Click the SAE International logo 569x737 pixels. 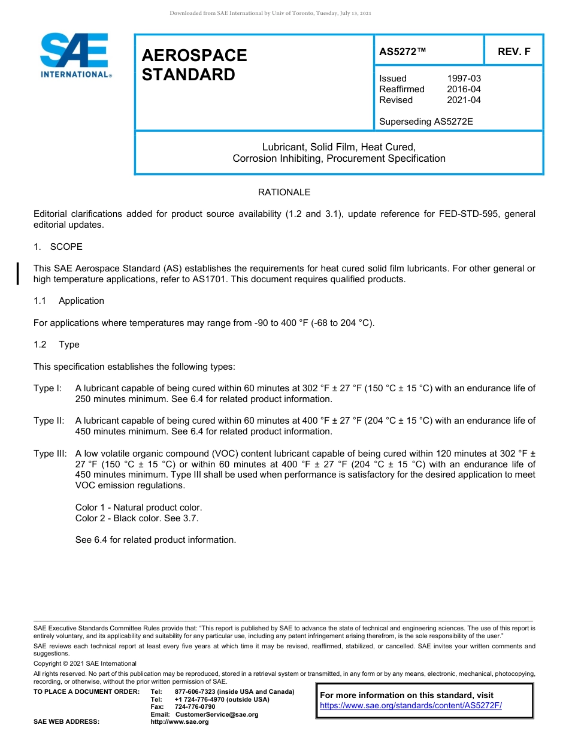(x=75, y=55)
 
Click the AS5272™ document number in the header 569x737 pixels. (x=402, y=52)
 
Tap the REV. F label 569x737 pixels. (x=514, y=52)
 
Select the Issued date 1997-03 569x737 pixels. (x=464, y=78)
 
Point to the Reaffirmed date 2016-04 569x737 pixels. (x=464, y=89)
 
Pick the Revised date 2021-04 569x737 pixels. (x=464, y=100)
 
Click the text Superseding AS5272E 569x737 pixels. (x=426, y=122)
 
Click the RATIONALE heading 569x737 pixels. (x=284, y=192)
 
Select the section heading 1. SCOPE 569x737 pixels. (x=58, y=247)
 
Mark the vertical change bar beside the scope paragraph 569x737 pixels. (x=18, y=273)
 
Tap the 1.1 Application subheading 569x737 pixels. (x=69, y=301)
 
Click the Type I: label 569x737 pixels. (x=48, y=388)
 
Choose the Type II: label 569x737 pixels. (x=49, y=421)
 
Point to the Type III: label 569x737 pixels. (x=50, y=453)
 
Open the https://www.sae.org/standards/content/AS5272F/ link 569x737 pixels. (x=410, y=706)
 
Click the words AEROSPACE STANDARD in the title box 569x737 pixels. (x=194, y=65)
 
